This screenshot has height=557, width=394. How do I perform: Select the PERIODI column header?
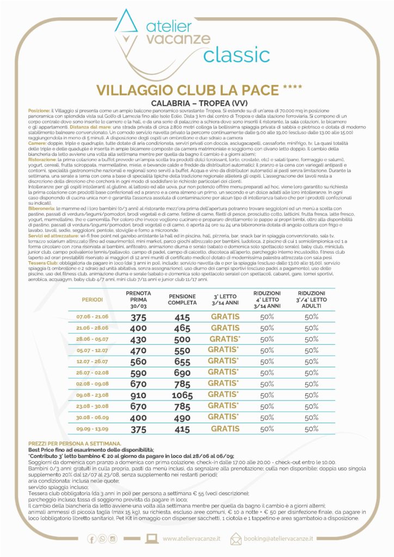tap(92, 299)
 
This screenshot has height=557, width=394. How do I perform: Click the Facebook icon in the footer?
tap(91, 539)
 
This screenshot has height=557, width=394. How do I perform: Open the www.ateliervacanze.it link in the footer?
tap(191, 539)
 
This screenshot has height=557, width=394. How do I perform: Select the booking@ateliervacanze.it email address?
tap(279, 539)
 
